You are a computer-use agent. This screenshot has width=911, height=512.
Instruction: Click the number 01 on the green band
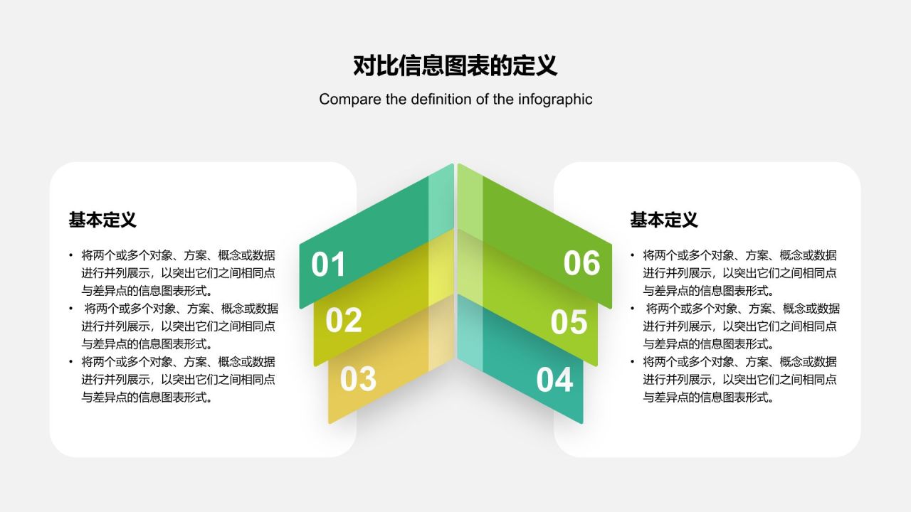pyautogui.click(x=328, y=265)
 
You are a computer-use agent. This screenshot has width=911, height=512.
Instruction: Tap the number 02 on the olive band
pyautogui.click(x=343, y=321)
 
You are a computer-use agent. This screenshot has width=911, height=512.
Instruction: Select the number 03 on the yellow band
pyautogui.click(x=357, y=379)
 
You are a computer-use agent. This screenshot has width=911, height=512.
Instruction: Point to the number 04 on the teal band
pyautogui.click(x=554, y=380)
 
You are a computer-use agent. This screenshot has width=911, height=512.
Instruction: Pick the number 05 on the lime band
pyautogui.click(x=569, y=322)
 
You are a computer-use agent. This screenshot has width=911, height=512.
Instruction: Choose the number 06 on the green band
pyautogui.click(x=581, y=263)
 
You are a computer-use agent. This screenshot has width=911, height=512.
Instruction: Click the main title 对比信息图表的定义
pyautogui.click(x=455, y=65)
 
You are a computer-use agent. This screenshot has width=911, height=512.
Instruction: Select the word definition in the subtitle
pyautogui.click(x=439, y=99)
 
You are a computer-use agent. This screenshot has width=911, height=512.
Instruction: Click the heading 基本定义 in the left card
pyautogui.click(x=102, y=220)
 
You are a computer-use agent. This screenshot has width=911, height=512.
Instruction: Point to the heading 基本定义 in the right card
pyautogui.click(x=663, y=220)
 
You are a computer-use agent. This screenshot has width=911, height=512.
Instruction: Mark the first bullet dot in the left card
pyautogui.click(x=71, y=255)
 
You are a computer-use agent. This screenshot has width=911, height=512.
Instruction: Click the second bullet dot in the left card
pyautogui.click(x=71, y=308)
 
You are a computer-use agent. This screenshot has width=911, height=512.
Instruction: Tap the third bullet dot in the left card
pyautogui.click(x=71, y=361)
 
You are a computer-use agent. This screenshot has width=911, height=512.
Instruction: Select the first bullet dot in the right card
pyautogui.click(x=633, y=255)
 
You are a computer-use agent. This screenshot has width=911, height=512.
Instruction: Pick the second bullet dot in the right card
pyautogui.click(x=633, y=308)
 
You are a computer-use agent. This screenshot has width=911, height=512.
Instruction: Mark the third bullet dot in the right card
pyautogui.click(x=633, y=361)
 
